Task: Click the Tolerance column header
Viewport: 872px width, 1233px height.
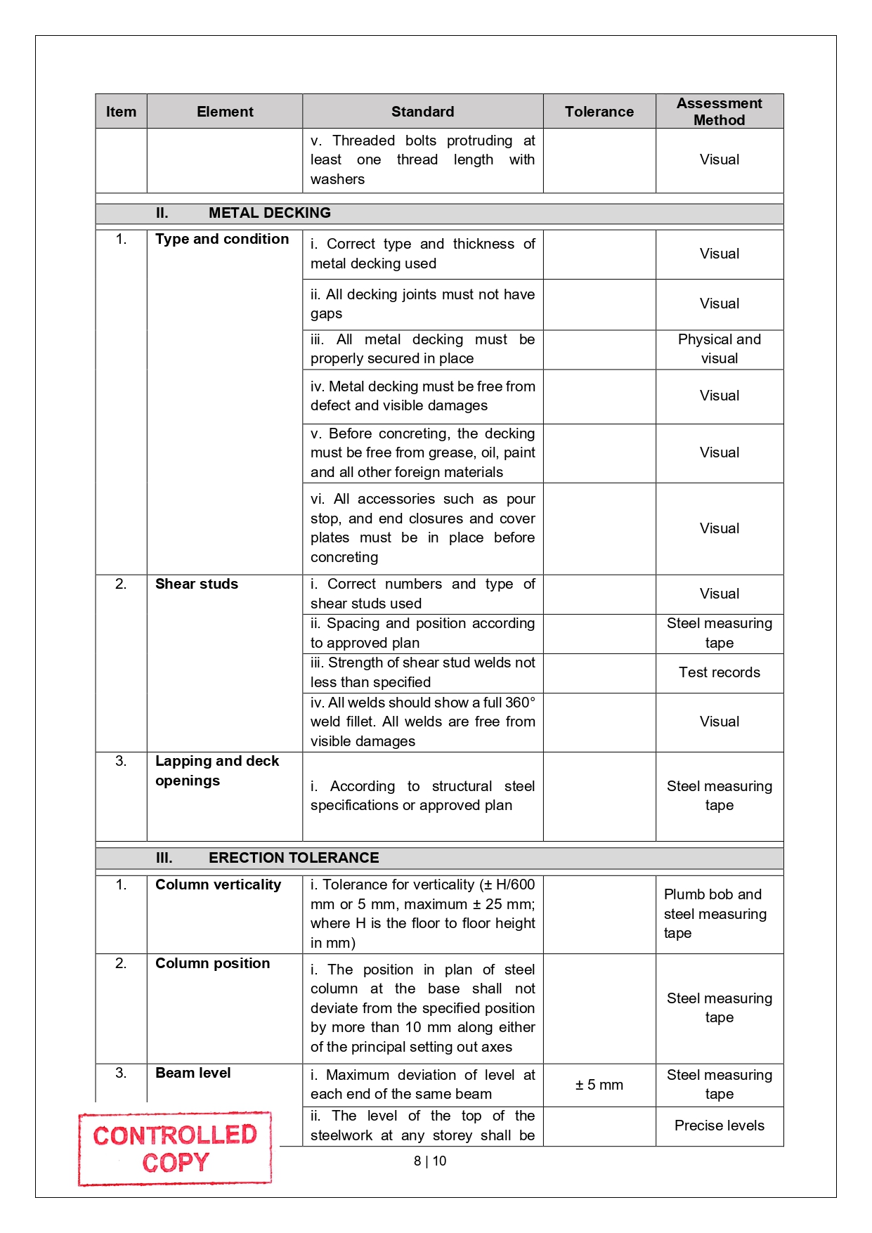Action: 599,112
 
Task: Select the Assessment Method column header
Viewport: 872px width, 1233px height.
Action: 719,112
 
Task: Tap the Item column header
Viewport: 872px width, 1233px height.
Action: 121,112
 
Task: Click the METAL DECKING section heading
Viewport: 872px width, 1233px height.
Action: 269,213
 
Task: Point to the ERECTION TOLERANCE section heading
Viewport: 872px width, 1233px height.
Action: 293,858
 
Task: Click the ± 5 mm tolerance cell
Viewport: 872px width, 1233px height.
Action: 599,1085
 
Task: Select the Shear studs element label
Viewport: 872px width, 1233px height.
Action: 196,584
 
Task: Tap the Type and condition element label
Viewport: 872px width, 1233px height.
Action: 221,239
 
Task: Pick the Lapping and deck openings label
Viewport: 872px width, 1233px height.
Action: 216,771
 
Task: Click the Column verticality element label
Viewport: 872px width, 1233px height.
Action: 218,885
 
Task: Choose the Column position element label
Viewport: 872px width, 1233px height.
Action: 212,963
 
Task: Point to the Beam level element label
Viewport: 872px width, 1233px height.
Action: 193,1073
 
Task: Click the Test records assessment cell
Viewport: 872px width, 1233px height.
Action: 719,672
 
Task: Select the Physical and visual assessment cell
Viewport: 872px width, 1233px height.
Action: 719,349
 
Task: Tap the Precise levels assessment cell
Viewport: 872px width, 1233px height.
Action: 719,1126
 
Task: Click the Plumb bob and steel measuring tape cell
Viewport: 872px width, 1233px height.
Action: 715,913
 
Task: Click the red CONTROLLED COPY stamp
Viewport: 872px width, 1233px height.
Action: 175,1149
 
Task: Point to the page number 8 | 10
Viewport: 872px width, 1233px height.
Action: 430,1161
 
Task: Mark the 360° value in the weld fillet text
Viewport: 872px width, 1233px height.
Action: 520,703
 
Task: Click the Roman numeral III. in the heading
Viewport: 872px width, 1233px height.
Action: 164,858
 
